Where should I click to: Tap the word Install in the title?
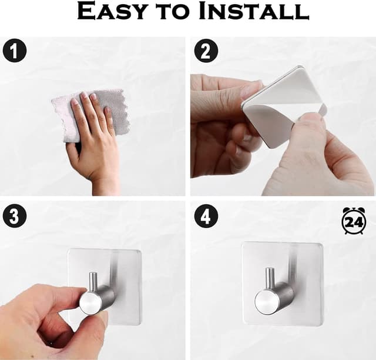click(254, 11)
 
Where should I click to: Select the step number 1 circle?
click(14, 51)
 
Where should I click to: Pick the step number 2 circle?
click(206, 51)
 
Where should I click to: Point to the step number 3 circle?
click(14, 216)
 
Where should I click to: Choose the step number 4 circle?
click(206, 216)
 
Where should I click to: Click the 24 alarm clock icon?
click(354, 221)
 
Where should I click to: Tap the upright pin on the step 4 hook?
click(270, 278)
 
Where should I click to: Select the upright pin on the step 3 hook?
click(93, 283)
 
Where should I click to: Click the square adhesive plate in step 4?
click(282, 284)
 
